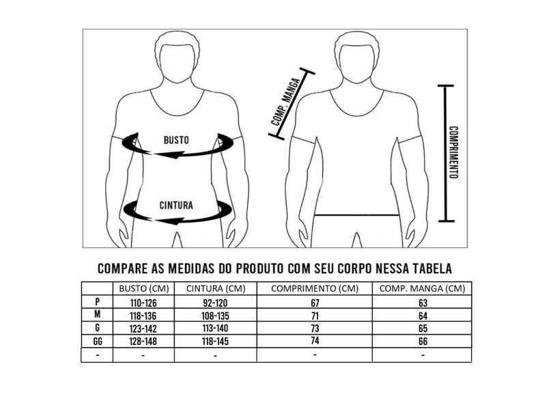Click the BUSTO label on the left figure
pos(176,140)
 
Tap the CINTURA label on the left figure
pos(176,205)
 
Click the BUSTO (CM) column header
pos(143,288)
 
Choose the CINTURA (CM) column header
pos(216,288)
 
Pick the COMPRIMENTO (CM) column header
pos(314,288)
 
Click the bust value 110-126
pos(143,302)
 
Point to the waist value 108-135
pos(216,315)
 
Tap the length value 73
pos(314,329)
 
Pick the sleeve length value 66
pos(422,342)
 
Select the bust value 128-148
pos(143,342)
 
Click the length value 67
pos(314,302)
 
